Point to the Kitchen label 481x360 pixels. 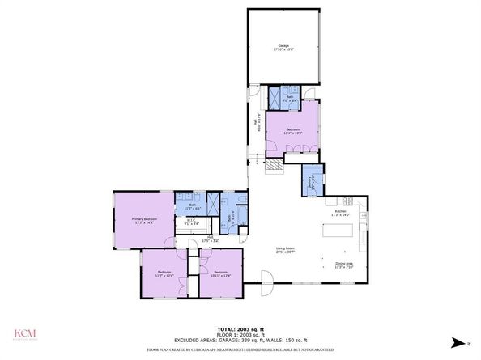coord(341,213)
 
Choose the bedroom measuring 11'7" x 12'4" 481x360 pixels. coord(164,273)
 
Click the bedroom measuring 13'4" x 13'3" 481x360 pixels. coord(292,131)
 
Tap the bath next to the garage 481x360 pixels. coord(288,98)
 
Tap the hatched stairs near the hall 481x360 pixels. coord(276,166)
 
